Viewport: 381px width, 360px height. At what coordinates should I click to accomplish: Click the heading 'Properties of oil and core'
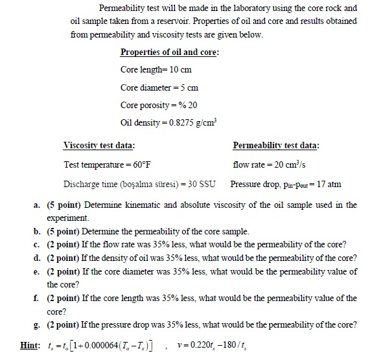[170, 52]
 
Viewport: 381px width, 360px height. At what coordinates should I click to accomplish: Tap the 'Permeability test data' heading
[280, 145]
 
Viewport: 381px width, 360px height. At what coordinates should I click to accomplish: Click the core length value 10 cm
[180, 69]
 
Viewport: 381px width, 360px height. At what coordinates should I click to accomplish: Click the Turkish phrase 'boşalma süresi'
[143, 184]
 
